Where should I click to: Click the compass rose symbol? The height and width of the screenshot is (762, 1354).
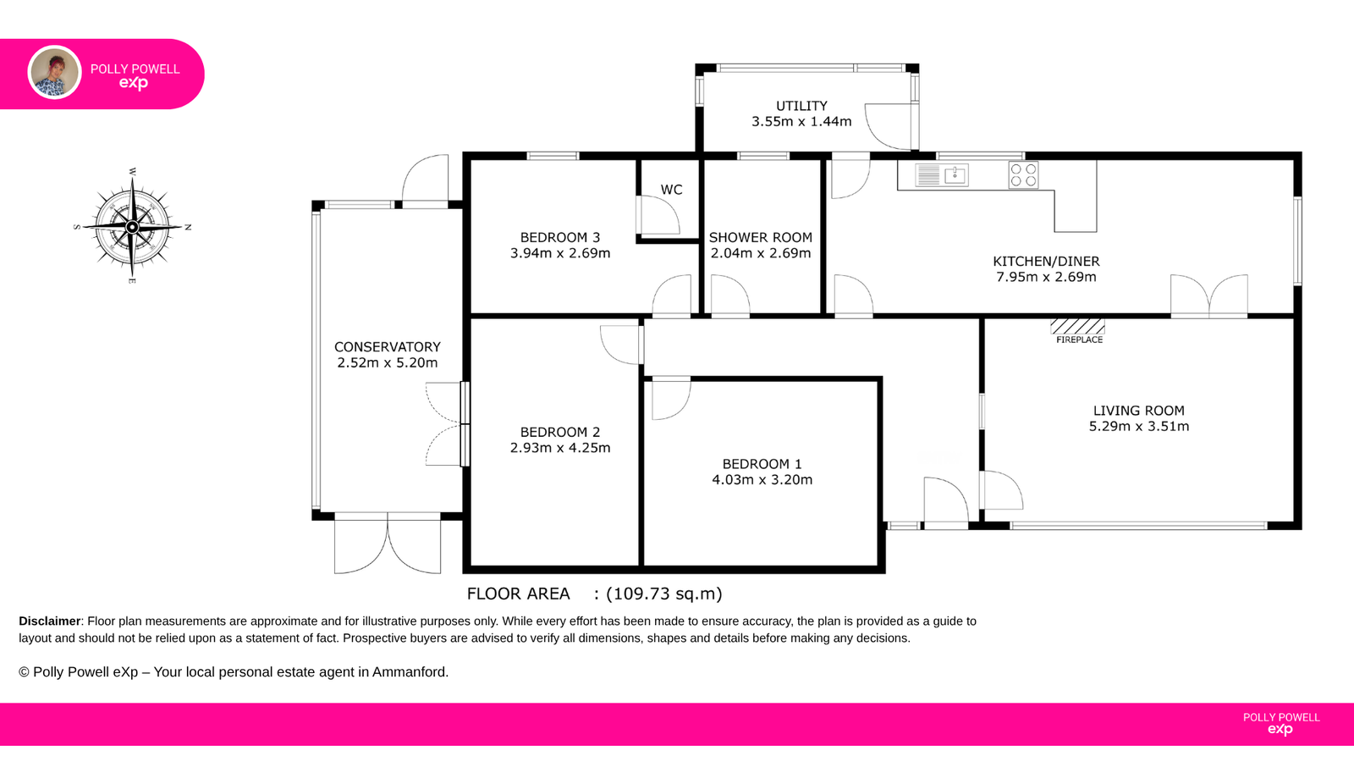[132, 227]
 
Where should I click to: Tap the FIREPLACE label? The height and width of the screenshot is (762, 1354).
[1080, 340]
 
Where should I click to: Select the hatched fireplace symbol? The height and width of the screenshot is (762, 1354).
[1078, 327]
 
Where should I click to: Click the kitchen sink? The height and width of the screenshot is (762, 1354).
[942, 175]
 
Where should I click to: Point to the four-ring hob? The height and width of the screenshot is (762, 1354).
[1023, 175]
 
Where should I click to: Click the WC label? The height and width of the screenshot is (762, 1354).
[672, 190]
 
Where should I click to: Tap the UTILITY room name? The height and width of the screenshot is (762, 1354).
[801, 106]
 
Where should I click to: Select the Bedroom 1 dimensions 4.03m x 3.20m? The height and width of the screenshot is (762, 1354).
[762, 479]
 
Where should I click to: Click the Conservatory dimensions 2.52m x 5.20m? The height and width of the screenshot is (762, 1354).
[388, 363]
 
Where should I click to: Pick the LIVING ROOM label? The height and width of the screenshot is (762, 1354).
[1139, 411]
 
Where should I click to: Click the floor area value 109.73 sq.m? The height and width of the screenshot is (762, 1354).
[664, 594]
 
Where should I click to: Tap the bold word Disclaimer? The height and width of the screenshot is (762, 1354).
[50, 621]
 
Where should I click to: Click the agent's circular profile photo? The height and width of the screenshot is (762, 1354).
[54, 73]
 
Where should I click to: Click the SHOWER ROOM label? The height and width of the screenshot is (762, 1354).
[761, 238]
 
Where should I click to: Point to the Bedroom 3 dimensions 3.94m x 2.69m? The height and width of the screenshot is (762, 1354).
[560, 253]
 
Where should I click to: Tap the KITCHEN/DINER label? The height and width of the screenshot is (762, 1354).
[1046, 262]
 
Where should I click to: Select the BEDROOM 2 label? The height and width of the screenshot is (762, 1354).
[560, 433]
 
